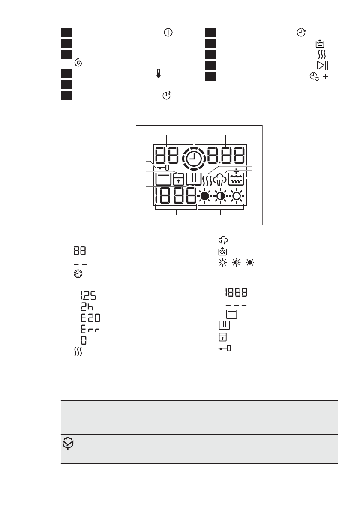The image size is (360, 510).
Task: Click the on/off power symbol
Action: click(168, 33)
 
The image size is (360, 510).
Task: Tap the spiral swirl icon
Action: click(78, 63)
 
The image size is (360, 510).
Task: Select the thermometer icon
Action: click(159, 74)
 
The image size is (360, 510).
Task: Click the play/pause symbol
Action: click(322, 66)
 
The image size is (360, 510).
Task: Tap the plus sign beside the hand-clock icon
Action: click(325, 77)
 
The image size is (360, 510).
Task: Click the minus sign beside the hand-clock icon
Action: click(303, 77)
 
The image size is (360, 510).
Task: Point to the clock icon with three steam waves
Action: click(167, 95)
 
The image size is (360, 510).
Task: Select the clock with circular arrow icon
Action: click(301, 33)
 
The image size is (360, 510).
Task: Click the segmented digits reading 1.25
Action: click(88, 296)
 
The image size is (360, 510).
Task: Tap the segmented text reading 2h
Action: click(87, 307)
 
